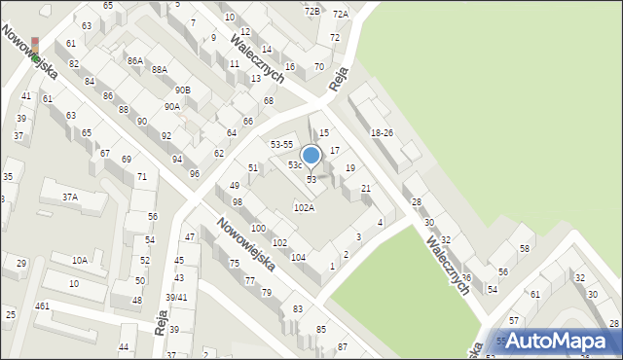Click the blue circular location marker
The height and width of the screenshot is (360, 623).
click(311, 155)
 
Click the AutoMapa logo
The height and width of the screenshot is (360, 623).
click(559, 341)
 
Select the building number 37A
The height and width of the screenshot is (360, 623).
click(70, 197)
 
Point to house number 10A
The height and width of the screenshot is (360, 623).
click(80, 260)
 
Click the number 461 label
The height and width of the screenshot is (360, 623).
click(42, 306)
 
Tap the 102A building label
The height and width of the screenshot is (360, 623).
click(305, 207)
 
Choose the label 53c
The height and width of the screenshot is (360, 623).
click(295, 165)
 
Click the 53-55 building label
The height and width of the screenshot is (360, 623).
click(282, 144)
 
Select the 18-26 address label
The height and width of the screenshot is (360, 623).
click(382, 132)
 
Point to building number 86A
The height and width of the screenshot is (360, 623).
click(134, 60)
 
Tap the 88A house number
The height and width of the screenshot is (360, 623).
click(159, 69)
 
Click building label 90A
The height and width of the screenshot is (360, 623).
click(171, 107)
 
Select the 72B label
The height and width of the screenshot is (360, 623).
click(311, 11)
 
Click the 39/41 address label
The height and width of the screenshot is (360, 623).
click(176, 297)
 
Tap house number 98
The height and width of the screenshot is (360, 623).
click(237, 201)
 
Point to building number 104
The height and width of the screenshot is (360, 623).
click(298, 257)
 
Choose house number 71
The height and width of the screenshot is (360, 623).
click(142, 177)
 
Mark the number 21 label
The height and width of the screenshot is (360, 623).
click(366, 188)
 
